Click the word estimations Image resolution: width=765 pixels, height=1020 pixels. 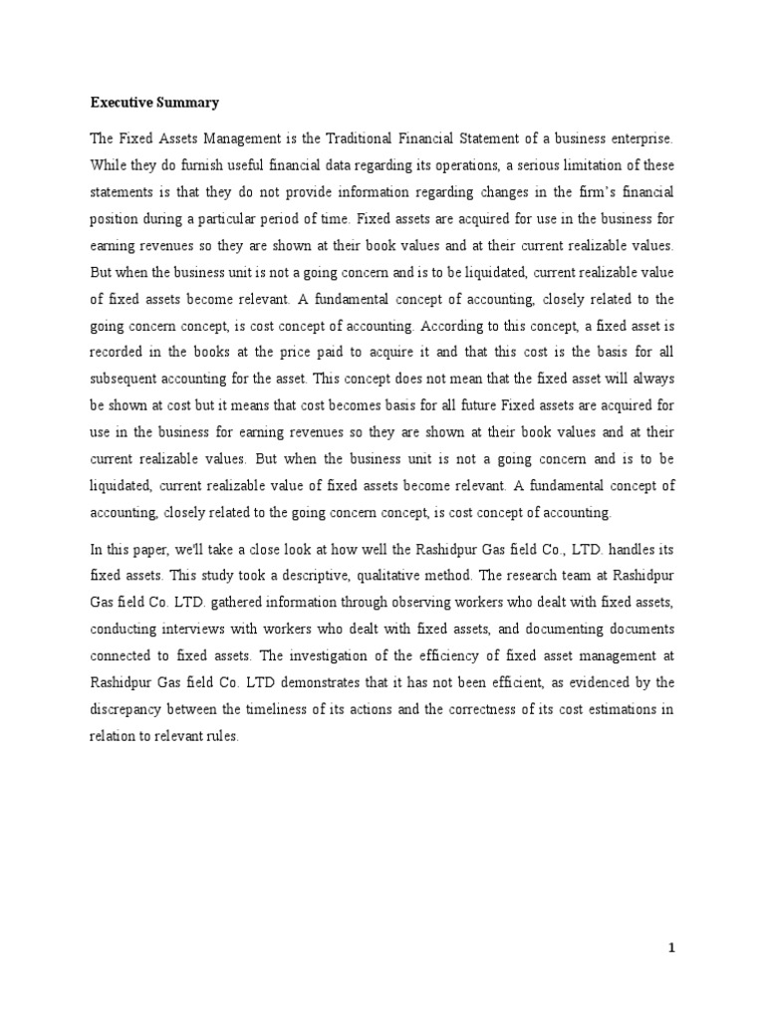[618, 709]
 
